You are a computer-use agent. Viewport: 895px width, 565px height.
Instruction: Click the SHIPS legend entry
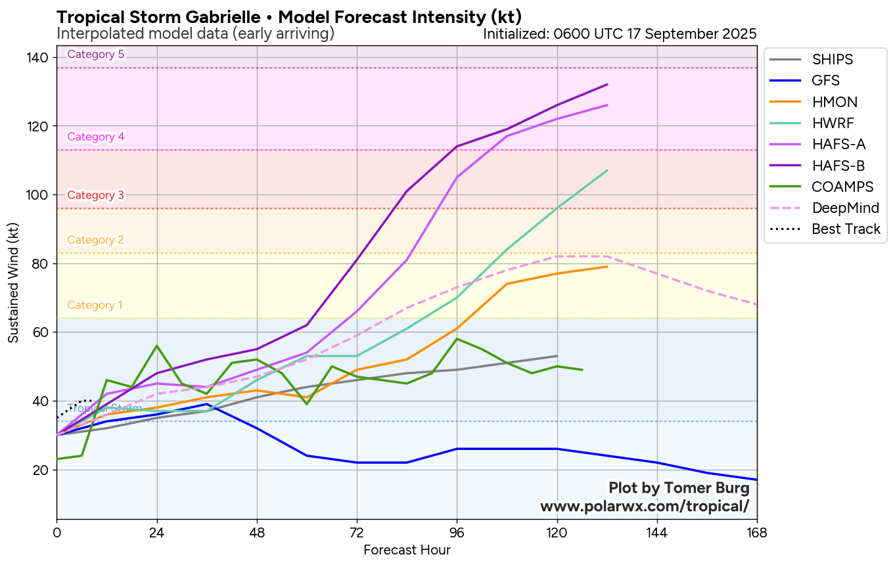832,59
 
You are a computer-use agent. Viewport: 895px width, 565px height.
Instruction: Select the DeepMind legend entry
845,208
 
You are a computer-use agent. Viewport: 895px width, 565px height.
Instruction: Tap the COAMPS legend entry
842,187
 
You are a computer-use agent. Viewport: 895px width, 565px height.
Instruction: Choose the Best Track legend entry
846,229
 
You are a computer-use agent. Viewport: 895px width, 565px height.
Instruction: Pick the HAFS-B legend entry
838,166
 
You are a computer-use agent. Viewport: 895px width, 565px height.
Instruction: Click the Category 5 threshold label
96,55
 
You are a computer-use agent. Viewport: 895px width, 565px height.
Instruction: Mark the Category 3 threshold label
96,195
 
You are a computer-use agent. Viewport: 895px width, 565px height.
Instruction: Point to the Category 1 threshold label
95,305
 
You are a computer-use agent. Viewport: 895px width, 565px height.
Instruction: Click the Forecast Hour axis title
407,550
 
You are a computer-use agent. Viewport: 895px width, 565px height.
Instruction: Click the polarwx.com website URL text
644,507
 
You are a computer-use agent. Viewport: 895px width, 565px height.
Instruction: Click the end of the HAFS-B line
607,84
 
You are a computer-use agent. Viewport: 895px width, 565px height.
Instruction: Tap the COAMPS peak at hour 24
157,346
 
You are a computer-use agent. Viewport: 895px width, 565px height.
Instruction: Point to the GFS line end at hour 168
756,480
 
